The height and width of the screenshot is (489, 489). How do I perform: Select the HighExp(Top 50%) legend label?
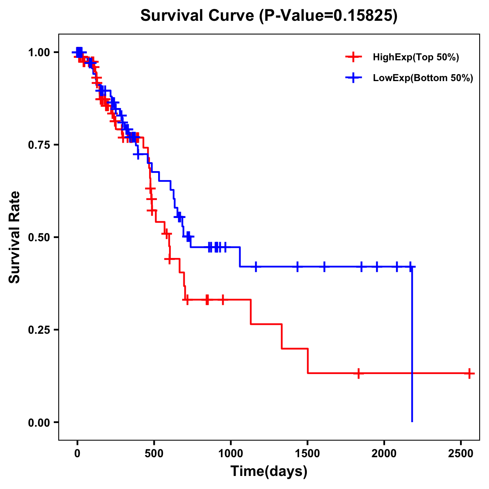pos(416,57)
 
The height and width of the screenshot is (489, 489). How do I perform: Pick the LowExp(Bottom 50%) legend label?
pos(423,78)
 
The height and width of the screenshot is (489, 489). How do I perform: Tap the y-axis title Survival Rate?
pos(15,237)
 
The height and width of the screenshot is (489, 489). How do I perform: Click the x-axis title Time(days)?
pos(269,471)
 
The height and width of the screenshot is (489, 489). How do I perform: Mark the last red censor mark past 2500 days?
pos(469,373)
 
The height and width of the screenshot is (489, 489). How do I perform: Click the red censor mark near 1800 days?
pos(358,373)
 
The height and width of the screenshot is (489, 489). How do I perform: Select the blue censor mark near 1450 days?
pos(297,267)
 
